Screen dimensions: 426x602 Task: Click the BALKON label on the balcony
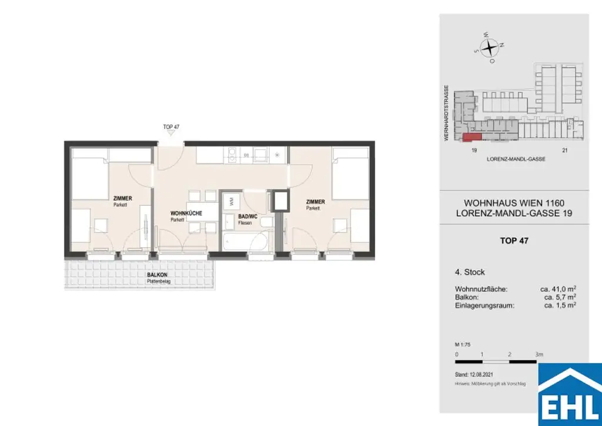point(157,275)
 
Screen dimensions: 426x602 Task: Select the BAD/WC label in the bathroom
point(248,217)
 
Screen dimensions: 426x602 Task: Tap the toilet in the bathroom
point(267,222)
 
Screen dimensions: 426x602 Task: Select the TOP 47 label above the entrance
point(170,127)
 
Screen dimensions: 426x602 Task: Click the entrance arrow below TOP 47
point(170,134)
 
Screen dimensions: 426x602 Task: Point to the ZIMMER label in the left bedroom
point(122,199)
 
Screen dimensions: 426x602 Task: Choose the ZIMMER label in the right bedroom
point(315,202)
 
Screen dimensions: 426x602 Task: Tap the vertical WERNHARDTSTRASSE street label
point(447,111)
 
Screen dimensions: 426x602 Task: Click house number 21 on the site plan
point(565,151)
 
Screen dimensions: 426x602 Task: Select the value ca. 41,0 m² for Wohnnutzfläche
point(558,289)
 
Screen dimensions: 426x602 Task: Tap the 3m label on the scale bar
point(539,354)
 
